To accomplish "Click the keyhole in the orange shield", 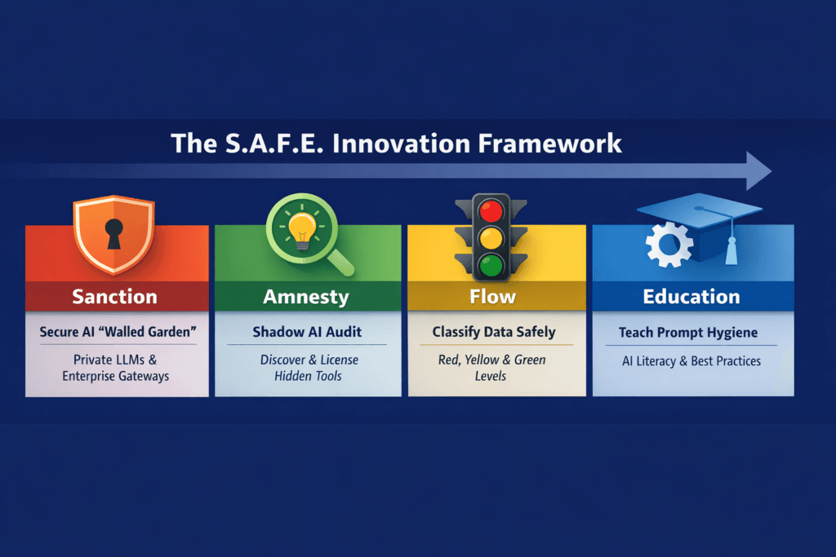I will tap(113, 232).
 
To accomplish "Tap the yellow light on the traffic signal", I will tap(491, 239).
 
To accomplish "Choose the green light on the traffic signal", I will tap(491, 264).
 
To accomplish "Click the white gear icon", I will tap(669, 245).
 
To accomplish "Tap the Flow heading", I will tap(492, 296).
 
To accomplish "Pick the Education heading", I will tap(691, 296).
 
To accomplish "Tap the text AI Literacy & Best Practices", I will tap(691, 360).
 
